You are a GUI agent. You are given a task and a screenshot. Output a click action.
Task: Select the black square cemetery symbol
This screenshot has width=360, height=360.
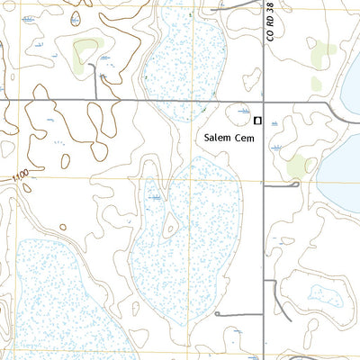click(257, 120)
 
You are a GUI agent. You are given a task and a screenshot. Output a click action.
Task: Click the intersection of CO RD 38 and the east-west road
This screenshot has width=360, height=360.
click(262, 101)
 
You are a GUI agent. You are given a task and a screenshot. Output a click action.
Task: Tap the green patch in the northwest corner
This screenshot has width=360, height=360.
click(85, 51)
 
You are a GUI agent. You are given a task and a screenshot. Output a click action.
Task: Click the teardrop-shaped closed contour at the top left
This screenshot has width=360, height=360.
click(75, 14)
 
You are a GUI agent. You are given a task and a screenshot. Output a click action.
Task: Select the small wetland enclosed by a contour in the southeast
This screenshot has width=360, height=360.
click(322, 292)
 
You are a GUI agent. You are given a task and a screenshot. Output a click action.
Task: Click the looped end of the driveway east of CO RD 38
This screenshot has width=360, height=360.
click(296, 184)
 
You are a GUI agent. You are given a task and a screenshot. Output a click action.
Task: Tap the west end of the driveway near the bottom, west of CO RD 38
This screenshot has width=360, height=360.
click(217, 314)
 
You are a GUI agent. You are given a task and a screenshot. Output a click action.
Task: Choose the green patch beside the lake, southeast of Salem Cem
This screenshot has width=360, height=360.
click(296, 166)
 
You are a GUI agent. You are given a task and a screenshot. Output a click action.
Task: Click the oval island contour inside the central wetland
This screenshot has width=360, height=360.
click(168, 227)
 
